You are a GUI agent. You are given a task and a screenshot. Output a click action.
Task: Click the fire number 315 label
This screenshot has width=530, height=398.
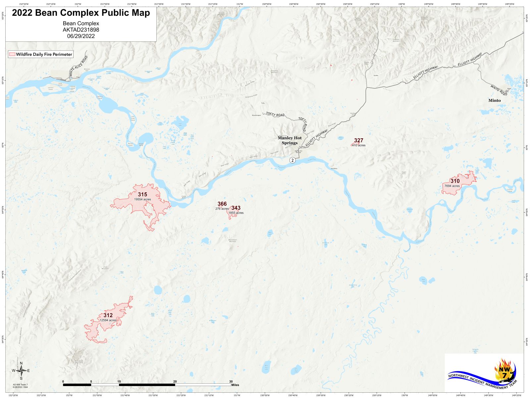point(142,194)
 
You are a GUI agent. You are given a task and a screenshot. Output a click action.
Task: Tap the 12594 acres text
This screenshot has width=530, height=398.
point(108,320)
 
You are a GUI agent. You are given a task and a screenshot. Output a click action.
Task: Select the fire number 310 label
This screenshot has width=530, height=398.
point(455,181)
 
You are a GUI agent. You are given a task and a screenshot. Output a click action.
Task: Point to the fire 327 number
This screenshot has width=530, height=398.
point(358,140)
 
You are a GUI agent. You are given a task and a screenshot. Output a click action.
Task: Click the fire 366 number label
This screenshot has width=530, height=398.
point(222,204)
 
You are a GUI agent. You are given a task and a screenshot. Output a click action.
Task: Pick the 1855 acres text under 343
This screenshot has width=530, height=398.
point(236,213)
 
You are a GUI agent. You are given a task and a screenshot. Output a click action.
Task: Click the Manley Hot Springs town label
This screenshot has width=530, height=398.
point(290,140)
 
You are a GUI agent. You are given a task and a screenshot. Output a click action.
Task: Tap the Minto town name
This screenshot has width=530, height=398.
point(495,100)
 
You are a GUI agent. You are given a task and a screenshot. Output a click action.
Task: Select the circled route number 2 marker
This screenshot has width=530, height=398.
point(292,160)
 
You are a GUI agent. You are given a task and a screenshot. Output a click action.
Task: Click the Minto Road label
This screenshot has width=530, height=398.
point(499,90)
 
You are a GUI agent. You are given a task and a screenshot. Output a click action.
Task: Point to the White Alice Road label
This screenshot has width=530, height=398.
point(79,66)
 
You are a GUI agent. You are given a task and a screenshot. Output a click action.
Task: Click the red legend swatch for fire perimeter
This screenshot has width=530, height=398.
point(12,54)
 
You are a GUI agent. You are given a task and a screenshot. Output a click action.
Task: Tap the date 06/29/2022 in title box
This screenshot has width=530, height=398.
point(81,36)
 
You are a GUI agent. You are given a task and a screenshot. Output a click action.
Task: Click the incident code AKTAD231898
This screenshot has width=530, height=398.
point(81,30)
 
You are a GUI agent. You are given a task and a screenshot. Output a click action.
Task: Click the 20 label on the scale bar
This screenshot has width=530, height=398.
point(175,381)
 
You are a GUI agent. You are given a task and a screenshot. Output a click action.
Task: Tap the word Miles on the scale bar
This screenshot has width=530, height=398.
point(235,385)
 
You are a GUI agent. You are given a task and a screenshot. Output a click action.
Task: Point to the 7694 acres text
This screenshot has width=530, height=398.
point(452,186)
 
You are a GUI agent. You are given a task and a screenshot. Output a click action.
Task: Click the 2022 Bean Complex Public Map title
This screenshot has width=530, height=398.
point(81,13)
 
